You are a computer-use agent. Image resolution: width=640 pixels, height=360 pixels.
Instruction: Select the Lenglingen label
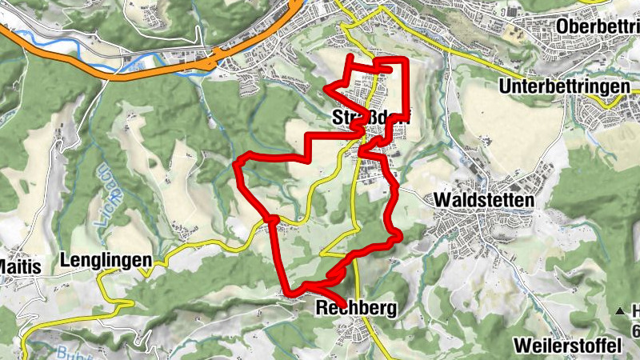[106, 260]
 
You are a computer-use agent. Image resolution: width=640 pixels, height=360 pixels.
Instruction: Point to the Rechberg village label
[356, 307]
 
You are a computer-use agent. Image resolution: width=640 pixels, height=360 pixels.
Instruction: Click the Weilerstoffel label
[569, 346]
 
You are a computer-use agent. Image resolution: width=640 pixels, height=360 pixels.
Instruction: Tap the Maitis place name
[19, 266]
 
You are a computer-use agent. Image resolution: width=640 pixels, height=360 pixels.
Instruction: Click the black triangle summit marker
[618, 310]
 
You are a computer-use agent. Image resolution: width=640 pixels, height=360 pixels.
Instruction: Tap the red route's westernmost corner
[236, 165]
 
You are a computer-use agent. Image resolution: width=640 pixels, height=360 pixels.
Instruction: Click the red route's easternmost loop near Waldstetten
[396, 235]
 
